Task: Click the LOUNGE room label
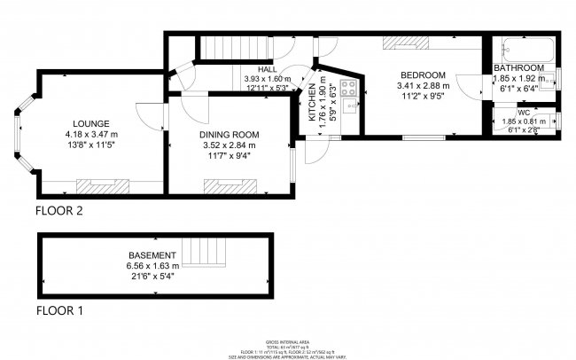point(91,123)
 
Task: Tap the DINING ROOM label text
point(228,136)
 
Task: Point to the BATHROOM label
point(518,67)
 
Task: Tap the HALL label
point(266,69)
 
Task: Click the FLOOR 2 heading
point(58,211)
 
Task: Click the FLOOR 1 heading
point(58,311)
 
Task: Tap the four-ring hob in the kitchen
point(348,87)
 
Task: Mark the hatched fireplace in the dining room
point(230,185)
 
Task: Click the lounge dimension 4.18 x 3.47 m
point(91,133)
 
